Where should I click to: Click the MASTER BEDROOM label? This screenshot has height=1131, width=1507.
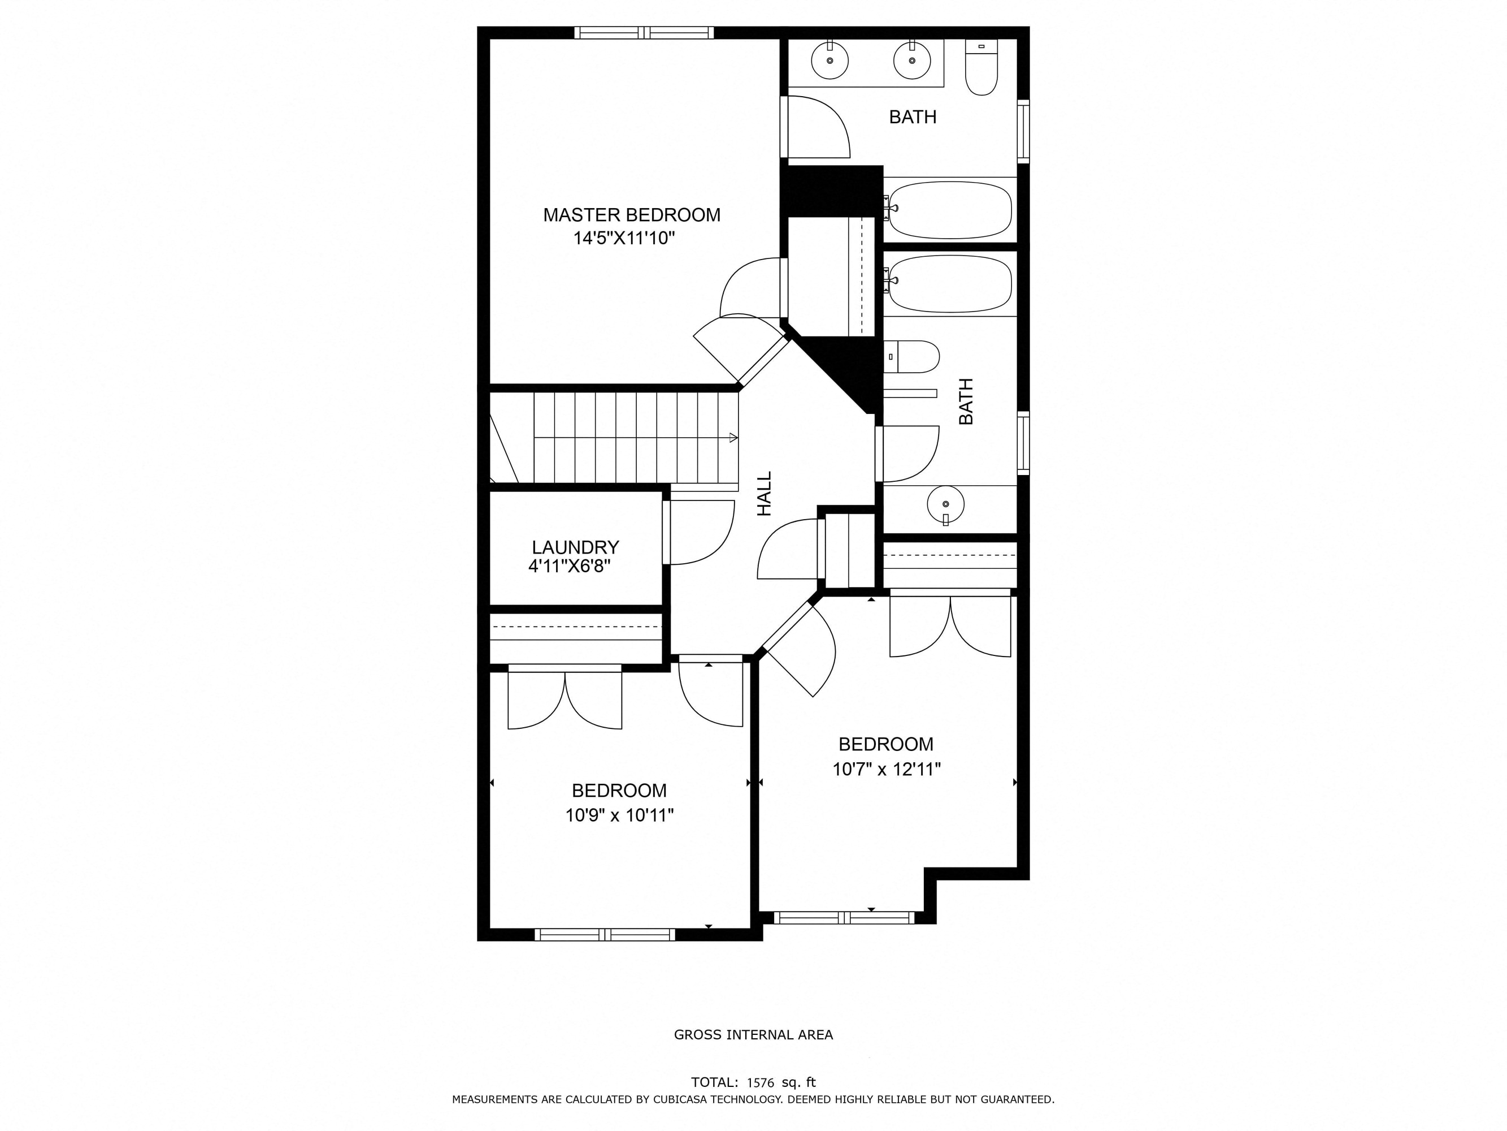(x=632, y=215)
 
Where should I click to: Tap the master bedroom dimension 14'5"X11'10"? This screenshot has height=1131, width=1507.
(x=624, y=239)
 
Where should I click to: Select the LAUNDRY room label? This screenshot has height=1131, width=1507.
(x=575, y=547)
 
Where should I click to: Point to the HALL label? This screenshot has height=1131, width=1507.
(x=765, y=494)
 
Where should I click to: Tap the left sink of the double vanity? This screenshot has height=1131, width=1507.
(x=830, y=60)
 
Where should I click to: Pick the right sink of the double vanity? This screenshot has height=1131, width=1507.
(x=911, y=60)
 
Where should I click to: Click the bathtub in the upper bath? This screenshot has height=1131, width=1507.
(x=950, y=210)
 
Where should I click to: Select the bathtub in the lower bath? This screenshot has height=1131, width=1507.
(x=950, y=284)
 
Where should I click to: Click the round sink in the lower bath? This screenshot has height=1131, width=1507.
(x=946, y=504)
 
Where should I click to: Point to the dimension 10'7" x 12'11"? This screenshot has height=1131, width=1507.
(x=887, y=770)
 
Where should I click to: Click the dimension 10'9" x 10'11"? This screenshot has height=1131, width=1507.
(x=619, y=815)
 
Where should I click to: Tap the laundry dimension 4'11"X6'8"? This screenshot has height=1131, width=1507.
(x=570, y=566)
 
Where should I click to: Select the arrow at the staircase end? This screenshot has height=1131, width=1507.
(x=733, y=438)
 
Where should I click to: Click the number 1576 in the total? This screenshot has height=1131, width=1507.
(x=761, y=1082)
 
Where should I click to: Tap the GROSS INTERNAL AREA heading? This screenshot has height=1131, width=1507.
(x=754, y=1035)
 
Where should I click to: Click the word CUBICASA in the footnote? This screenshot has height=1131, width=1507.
(x=681, y=1099)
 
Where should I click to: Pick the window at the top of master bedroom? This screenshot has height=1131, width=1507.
(x=644, y=32)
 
